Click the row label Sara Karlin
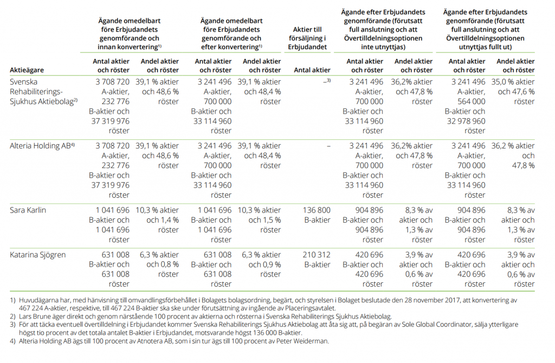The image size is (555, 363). [28, 210]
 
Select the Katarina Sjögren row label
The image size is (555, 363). [38, 255]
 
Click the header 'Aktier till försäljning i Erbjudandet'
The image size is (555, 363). [307, 38]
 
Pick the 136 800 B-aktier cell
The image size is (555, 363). [317, 215]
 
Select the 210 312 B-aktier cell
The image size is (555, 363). [317, 260]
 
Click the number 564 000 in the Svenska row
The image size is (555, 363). [472, 101]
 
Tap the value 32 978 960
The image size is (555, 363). [466, 121]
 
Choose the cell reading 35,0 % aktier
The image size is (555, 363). [513, 82]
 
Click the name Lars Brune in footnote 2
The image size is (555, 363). [34, 316]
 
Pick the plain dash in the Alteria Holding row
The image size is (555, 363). [329, 146]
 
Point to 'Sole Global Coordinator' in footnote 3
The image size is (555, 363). [387, 325]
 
